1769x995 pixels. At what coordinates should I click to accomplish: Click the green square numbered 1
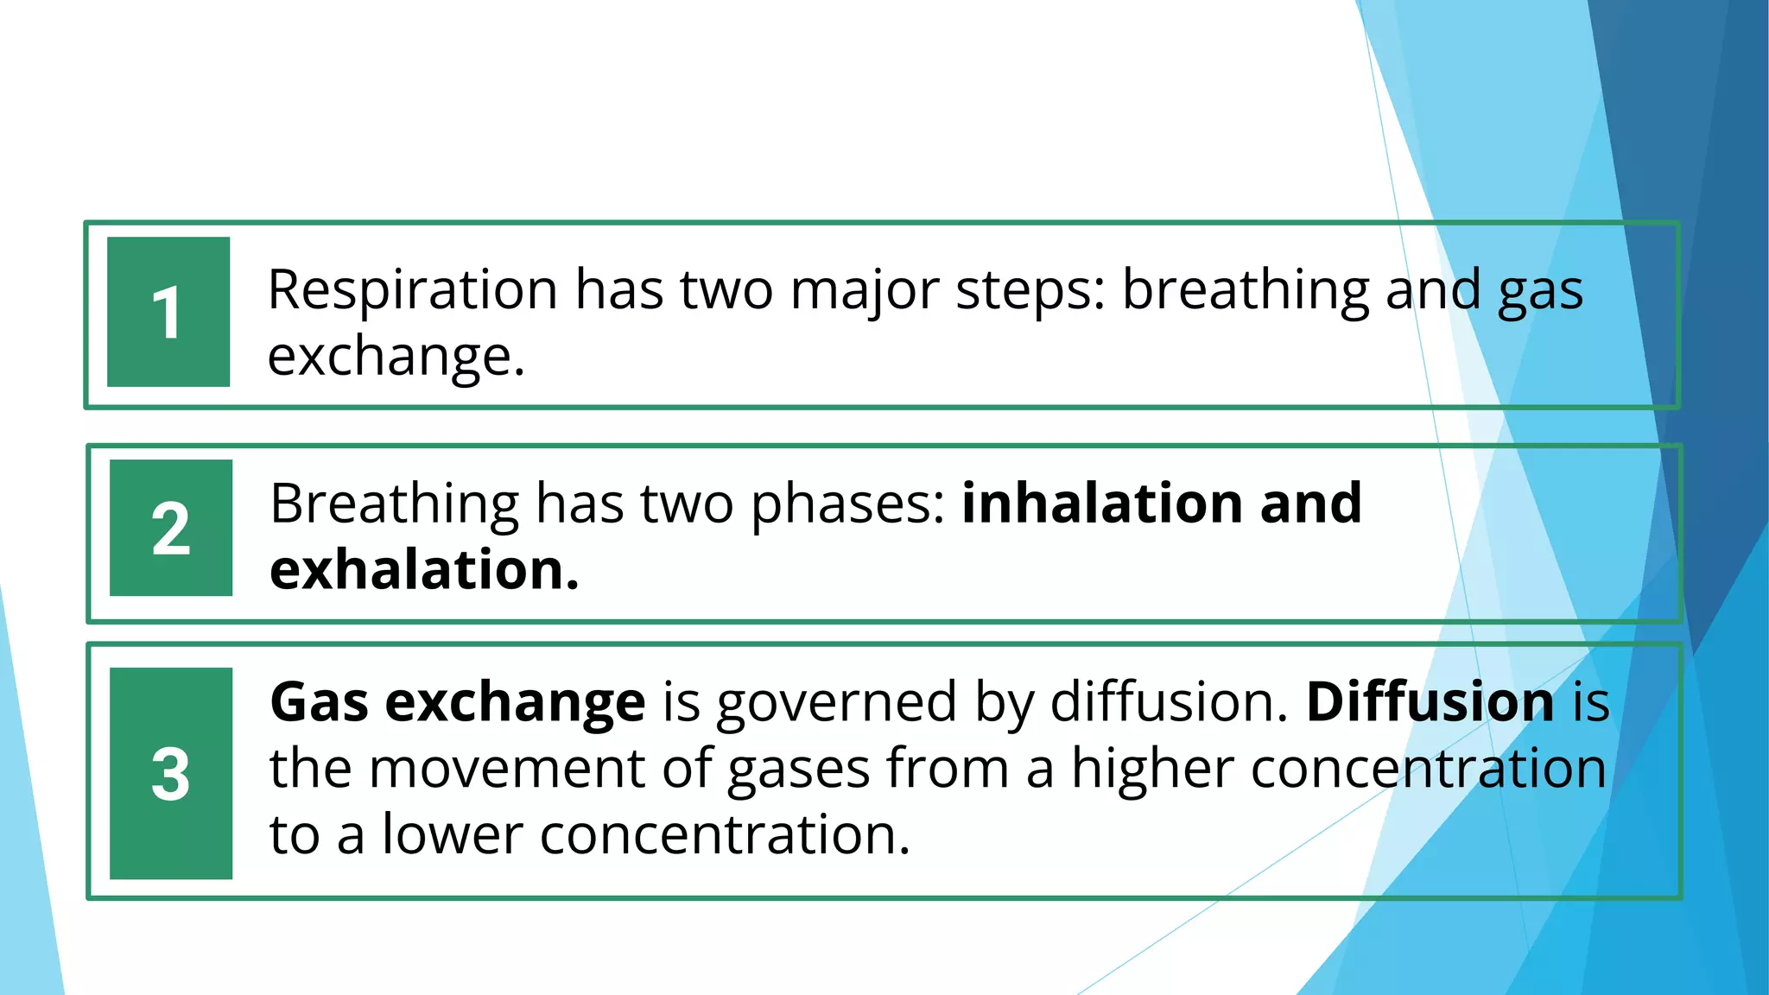168,312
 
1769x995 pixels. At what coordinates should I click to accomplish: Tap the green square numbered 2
171,528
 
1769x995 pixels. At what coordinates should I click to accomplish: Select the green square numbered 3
171,773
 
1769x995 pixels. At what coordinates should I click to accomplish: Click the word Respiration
412,289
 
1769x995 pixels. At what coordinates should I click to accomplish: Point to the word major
864,291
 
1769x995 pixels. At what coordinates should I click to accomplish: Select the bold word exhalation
424,570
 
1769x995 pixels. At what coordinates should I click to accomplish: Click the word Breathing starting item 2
393,504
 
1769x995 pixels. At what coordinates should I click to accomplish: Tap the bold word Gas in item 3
320,701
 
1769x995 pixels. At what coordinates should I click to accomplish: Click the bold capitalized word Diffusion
1430,701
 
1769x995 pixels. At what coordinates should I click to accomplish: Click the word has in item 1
619,289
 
